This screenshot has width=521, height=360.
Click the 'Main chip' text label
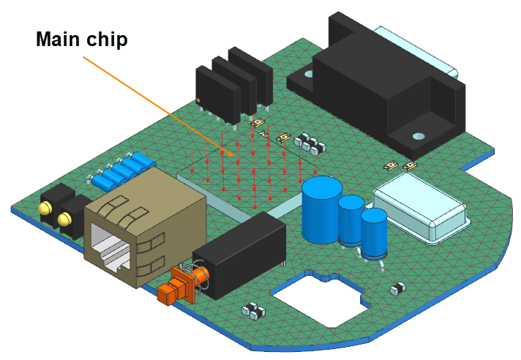83,40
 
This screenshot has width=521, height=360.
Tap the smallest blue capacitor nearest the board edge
374,232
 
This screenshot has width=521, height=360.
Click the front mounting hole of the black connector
418,136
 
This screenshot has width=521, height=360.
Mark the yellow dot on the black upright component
198,100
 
